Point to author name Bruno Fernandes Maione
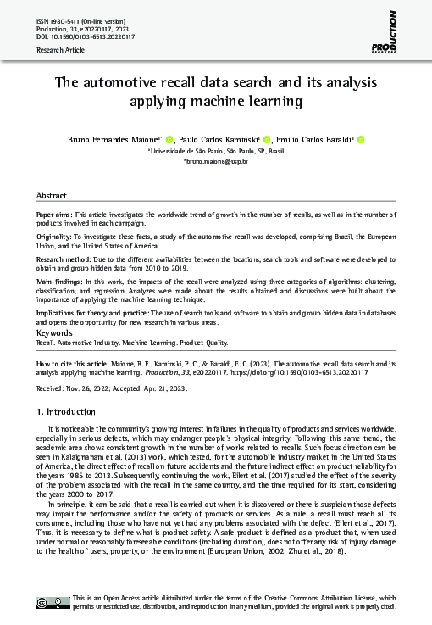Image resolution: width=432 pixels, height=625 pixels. [x=119, y=139]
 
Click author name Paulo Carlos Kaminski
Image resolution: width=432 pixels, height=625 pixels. [x=221, y=139]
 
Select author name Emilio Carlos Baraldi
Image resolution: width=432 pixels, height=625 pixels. [x=316, y=139]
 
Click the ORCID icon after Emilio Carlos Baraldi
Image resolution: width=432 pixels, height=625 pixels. [x=360, y=139]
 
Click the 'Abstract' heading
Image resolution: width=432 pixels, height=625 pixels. [x=53, y=194]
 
